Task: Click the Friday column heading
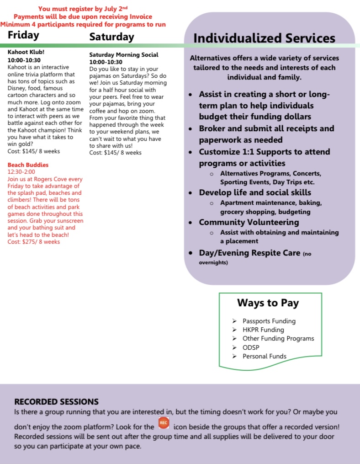(23, 35)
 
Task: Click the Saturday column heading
(111, 37)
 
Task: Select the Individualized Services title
(264, 38)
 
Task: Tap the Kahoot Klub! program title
(26, 53)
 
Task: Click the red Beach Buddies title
(28, 165)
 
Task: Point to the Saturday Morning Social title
(123, 55)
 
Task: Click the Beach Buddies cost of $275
(34, 241)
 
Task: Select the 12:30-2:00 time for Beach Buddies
(21, 172)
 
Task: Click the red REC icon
(164, 423)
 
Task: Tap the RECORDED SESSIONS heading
(56, 402)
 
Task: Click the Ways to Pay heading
(268, 303)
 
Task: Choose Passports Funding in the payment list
(269, 321)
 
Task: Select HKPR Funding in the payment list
(263, 330)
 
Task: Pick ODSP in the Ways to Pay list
(251, 347)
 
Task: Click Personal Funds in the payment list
(264, 356)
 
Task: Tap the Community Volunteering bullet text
(249, 222)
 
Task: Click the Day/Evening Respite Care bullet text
(249, 253)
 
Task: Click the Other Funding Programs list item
(278, 339)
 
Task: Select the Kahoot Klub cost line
(34, 151)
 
